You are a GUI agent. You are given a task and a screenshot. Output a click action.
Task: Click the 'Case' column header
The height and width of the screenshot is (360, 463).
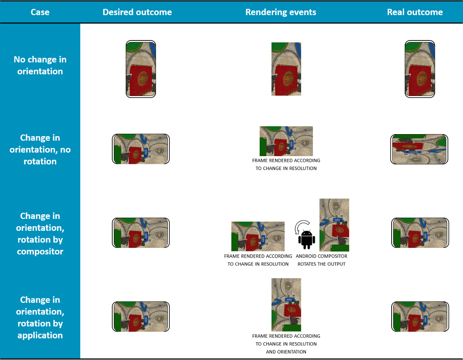tap(40, 12)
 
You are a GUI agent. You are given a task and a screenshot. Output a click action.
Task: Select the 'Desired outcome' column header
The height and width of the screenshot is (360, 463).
tap(137, 12)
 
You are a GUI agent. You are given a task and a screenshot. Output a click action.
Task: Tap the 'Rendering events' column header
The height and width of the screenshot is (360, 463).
tap(281, 12)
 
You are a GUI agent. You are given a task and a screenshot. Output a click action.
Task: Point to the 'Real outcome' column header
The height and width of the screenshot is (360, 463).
tap(415, 12)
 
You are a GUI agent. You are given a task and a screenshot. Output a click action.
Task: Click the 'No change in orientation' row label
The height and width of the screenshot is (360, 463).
tap(40, 66)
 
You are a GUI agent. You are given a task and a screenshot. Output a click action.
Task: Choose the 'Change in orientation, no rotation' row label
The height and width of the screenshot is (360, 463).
tap(40, 150)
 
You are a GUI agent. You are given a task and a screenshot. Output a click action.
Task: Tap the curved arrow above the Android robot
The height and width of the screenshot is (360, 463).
tap(301, 226)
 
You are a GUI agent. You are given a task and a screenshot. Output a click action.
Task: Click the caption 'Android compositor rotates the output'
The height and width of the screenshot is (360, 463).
tap(321, 260)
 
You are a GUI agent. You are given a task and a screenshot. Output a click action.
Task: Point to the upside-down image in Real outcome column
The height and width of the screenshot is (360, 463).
tap(419, 149)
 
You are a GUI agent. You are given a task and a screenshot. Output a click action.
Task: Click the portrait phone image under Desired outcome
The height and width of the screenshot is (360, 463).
tap(141, 69)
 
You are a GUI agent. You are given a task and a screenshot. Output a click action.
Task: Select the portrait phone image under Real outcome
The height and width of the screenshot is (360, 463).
tap(420, 69)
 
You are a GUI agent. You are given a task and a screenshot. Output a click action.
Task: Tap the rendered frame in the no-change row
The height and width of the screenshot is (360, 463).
tap(286, 69)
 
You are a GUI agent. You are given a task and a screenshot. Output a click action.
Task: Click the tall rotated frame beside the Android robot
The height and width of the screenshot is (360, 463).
tap(334, 225)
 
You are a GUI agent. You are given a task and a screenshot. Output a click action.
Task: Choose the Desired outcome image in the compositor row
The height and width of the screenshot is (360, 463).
tap(141, 233)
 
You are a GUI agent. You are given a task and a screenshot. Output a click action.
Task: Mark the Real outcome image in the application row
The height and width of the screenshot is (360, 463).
tap(420, 316)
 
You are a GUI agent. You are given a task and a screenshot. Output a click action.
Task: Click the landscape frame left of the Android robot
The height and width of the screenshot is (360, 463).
tap(258, 236)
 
